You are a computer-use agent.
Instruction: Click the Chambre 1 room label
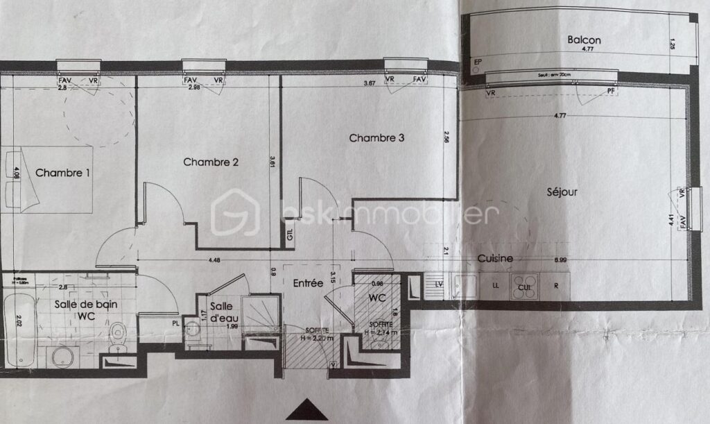click(x=63, y=172)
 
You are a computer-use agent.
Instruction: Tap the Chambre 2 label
click(x=211, y=162)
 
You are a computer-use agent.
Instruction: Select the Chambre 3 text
click(x=376, y=137)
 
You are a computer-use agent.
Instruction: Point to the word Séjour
click(x=562, y=192)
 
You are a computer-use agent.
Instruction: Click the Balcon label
click(x=584, y=40)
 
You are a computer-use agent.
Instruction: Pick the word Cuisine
click(x=495, y=258)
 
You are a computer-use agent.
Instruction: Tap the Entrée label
click(x=308, y=283)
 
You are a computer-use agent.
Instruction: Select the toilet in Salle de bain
click(x=119, y=334)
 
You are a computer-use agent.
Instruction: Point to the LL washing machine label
click(x=495, y=285)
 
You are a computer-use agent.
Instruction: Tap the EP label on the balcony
click(x=477, y=62)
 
